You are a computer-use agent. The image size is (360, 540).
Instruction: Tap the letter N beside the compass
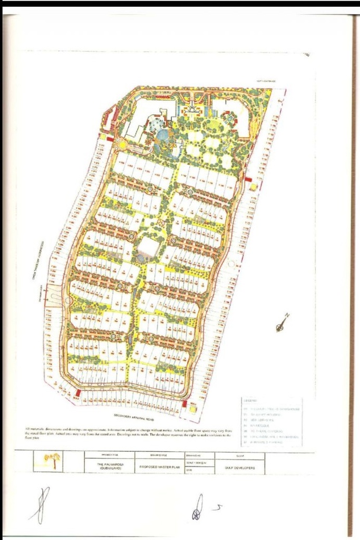pos(287,316)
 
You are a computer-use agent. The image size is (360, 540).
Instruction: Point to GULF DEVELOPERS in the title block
pos(243,467)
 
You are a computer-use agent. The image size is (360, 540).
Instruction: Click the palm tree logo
pos(52,460)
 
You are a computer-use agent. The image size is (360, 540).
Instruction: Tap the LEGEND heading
pos(250,401)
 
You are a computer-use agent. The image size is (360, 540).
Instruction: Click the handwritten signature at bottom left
pos(41,505)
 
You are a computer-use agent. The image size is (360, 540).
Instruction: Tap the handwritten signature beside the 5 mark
pos(198,507)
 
